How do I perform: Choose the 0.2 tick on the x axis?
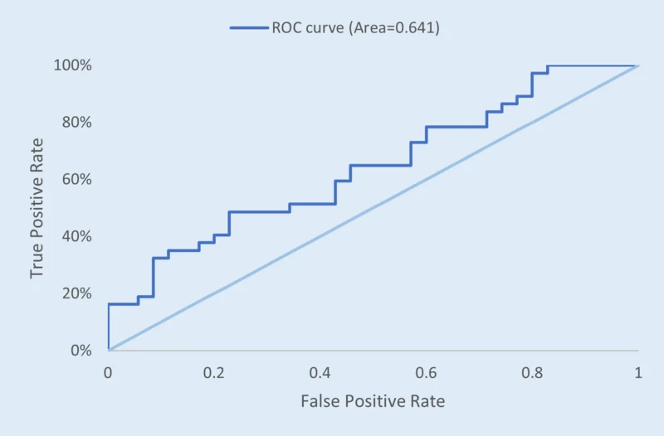coord(213,373)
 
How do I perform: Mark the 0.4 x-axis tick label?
coord(320,373)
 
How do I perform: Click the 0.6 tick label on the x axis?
coord(426,373)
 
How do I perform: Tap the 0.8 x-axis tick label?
coord(531,373)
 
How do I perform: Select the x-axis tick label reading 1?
coord(637,373)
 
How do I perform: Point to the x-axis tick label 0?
coord(108,373)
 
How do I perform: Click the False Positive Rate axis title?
coord(373,402)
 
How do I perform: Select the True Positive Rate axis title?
coord(37,208)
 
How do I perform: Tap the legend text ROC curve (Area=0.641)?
coord(355,28)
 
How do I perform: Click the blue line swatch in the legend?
coord(248,28)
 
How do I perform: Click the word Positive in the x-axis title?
coord(373,402)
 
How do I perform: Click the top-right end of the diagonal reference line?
coord(637,65)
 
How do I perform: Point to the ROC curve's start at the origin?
coord(108,350)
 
